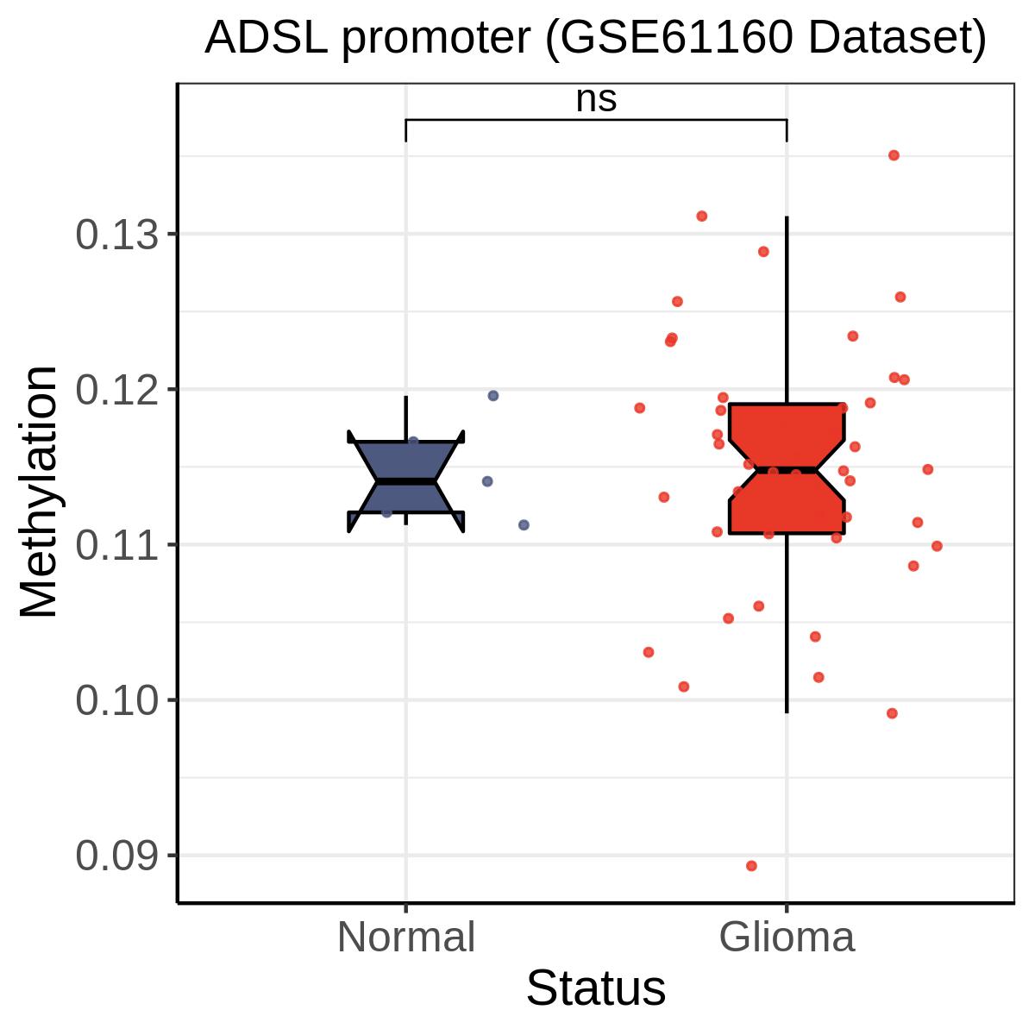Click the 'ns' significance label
[596, 100]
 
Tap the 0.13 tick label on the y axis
[117, 235]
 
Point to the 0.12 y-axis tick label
[117, 390]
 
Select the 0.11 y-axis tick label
[117, 546]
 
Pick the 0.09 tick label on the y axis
[117, 856]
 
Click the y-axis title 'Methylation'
[38, 492]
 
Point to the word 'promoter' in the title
[435, 39]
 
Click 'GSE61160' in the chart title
[675, 38]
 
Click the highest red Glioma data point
[894, 155]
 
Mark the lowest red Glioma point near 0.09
[751, 866]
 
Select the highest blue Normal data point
[493, 396]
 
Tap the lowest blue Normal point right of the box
[524, 524]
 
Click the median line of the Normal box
[406, 481]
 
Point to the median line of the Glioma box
[787, 471]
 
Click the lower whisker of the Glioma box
[787, 624]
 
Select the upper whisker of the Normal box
[406, 418]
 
